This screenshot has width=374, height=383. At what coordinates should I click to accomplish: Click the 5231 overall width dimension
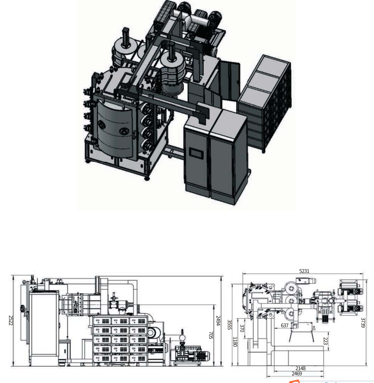coord(304,271)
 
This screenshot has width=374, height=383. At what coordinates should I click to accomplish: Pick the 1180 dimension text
coord(235,342)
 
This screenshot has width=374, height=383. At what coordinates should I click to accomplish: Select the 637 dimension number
coord(284,326)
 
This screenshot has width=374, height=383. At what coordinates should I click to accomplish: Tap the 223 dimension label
coord(325,340)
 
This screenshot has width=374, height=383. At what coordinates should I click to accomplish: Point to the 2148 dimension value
coord(300,368)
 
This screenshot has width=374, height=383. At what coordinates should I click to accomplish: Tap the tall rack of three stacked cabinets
coord(264,103)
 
